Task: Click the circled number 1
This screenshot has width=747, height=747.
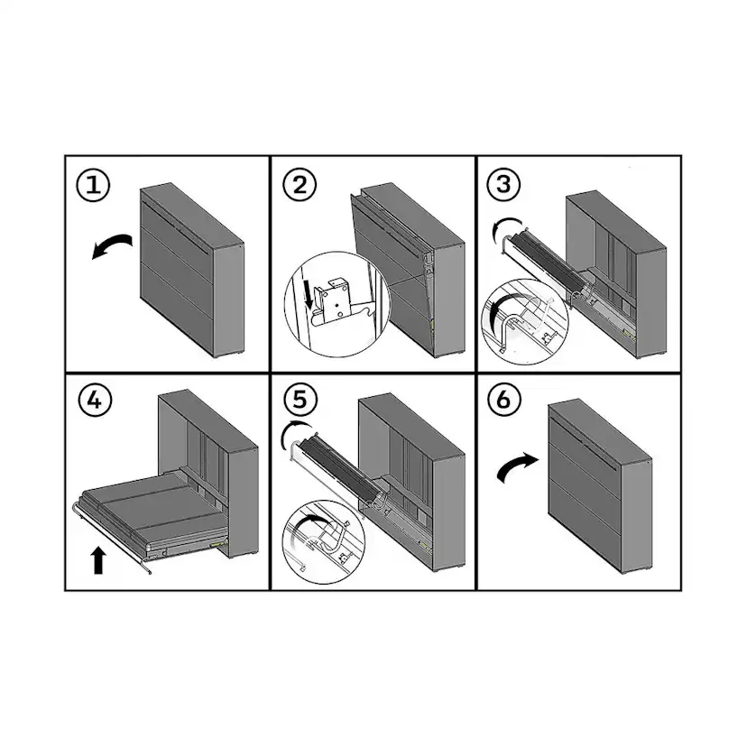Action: (94, 185)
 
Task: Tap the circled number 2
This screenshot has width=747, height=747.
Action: (300, 185)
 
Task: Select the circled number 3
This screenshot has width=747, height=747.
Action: (504, 184)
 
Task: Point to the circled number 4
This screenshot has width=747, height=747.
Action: (95, 400)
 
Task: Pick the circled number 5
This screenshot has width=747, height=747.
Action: (300, 400)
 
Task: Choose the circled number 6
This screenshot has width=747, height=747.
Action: (504, 400)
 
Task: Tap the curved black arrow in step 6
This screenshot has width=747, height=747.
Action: (517, 467)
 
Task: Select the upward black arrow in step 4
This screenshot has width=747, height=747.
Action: (98, 560)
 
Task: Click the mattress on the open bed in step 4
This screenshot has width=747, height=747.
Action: (152, 510)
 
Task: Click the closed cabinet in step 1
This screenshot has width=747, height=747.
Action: (192, 270)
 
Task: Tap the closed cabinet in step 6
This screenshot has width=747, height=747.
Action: (601, 486)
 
